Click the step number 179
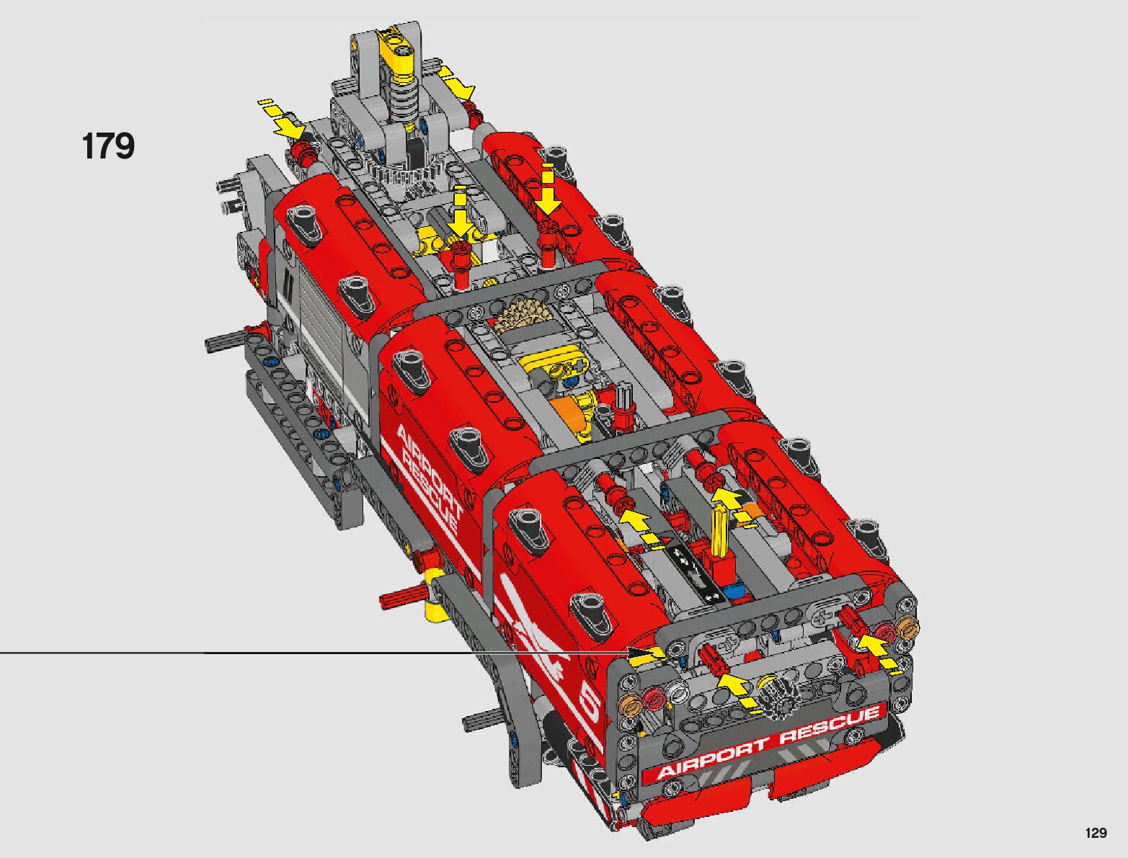(108, 146)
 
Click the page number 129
(1096, 833)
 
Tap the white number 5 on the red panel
(591, 708)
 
